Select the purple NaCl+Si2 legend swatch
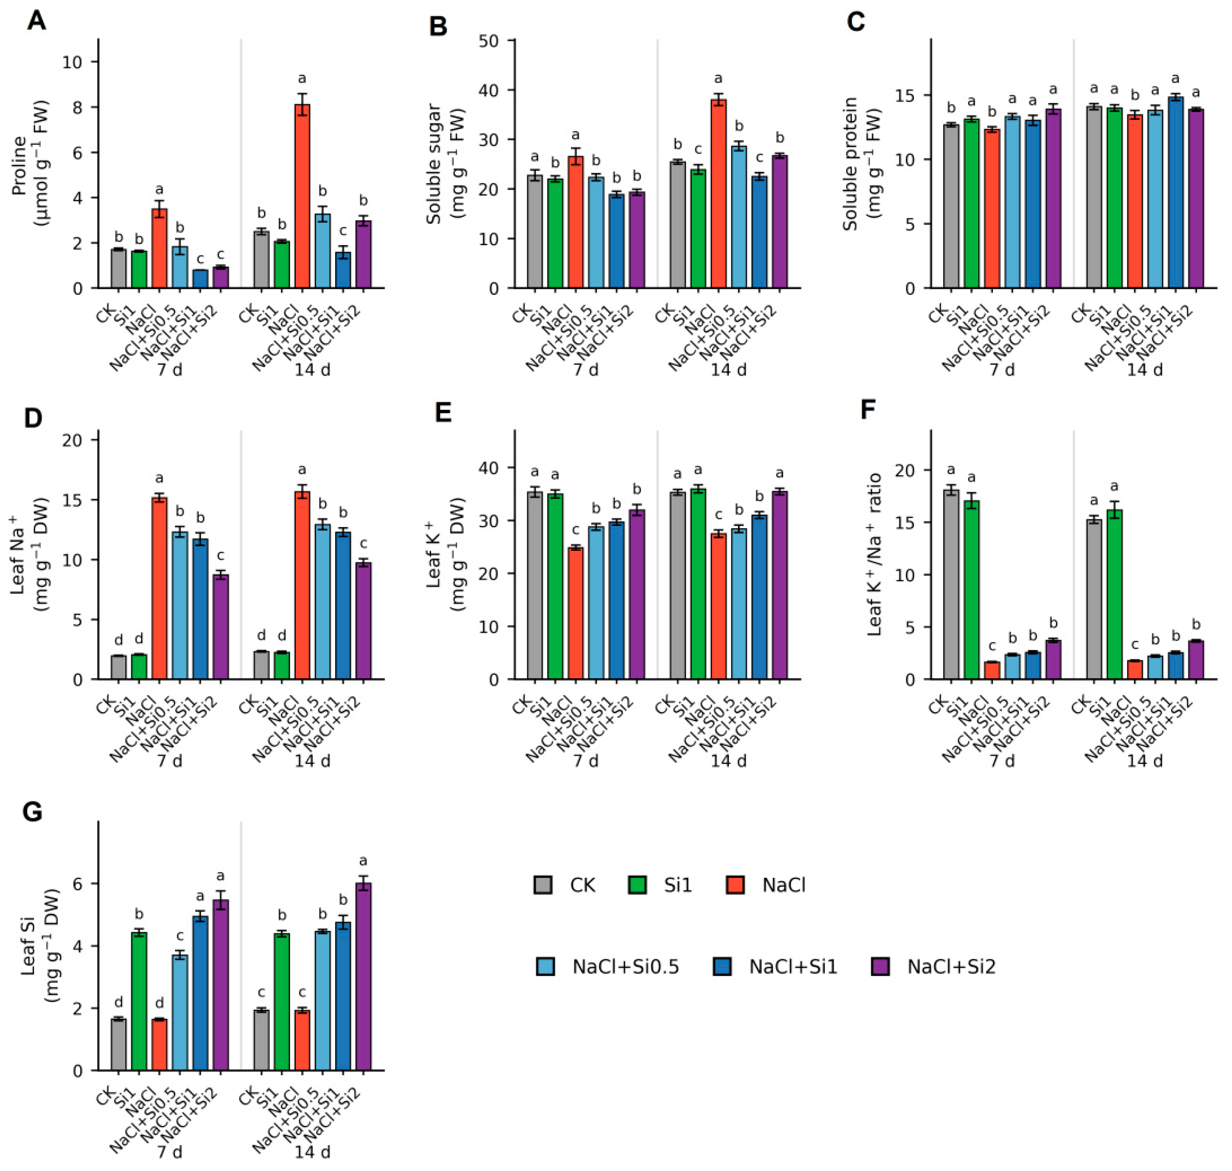(880, 967)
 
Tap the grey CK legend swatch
(543, 885)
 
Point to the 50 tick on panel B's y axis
(489, 41)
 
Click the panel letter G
(32, 813)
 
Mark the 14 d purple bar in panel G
(363, 977)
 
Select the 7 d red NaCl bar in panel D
(159, 589)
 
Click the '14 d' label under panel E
(728, 761)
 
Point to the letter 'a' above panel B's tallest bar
(718, 79)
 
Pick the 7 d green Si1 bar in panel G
(139, 1002)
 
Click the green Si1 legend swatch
(637, 885)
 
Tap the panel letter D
(32, 418)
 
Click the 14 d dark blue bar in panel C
(1175, 192)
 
